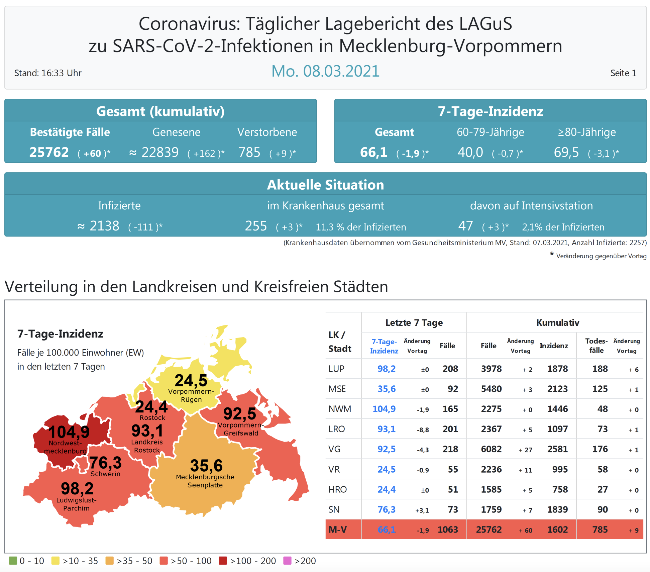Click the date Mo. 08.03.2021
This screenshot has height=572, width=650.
tap(325, 71)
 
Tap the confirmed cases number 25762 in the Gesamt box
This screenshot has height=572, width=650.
tap(49, 153)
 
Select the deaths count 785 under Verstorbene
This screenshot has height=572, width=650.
tap(249, 153)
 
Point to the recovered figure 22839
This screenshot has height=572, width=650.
tap(160, 153)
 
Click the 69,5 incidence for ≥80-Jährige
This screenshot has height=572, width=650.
tap(566, 153)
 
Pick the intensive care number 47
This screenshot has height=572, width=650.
tap(465, 226)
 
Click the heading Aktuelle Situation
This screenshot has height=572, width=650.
tap(325, 185)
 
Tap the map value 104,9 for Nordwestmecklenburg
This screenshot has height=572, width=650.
tap(69, 432)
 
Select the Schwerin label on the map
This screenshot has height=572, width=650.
tap(105, 474)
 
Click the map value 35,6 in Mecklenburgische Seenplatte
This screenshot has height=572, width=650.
tap(206, 465)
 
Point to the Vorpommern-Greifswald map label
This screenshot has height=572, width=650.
tap(241, 429)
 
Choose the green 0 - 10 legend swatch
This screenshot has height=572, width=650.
tap(13, 561)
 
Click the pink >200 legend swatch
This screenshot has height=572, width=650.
tap(287, 561)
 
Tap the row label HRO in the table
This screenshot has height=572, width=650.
tap(337, 490)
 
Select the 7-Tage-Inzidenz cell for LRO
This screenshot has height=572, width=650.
tap(386, 429)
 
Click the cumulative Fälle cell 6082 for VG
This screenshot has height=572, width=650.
tap(491, 449)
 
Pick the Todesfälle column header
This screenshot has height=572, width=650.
tap(596, 346)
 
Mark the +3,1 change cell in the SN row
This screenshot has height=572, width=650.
tap(422, 510)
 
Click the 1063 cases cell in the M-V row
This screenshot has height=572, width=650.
tap(448, 530)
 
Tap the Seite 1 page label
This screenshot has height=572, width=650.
tap(623, 73)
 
